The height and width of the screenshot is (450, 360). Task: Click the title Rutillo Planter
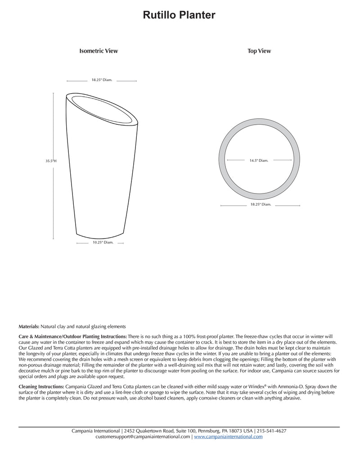[179, 15]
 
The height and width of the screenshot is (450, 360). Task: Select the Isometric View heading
[99, 51]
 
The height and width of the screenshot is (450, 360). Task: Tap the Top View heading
[259, 51]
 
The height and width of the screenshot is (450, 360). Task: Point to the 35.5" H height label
[51, 161]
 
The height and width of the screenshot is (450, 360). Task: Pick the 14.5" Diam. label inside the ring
[259, 160]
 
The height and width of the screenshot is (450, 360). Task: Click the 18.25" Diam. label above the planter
[102, 80]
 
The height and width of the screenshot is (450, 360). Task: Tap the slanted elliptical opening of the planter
[102, 108]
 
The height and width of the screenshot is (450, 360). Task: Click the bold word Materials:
[29, 326]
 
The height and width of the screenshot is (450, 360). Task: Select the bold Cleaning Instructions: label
[41, 387]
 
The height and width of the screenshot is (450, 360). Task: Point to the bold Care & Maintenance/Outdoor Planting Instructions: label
[72, 337]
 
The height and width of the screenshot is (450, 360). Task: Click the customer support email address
[143, 437]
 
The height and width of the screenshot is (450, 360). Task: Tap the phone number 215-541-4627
[272, 431]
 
